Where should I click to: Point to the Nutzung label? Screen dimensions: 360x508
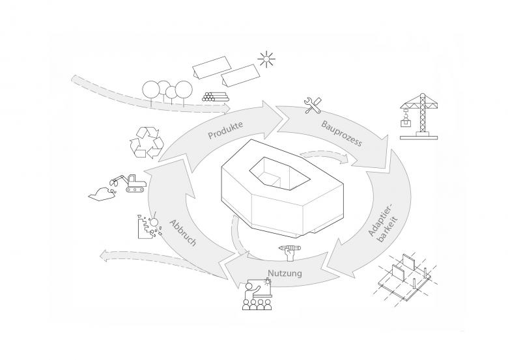point(284,273)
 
